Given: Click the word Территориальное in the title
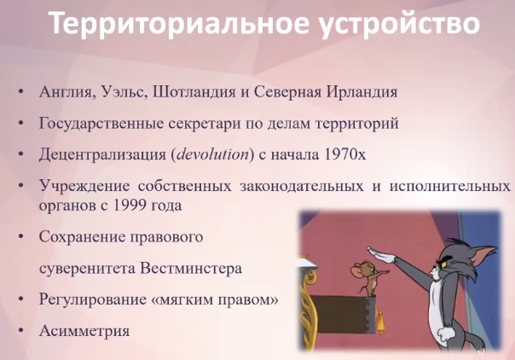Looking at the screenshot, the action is [180, 23].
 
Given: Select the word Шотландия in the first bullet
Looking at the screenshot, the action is [194, 92].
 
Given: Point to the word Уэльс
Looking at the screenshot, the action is [123, 92].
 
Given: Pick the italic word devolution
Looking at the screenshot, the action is [213, 154].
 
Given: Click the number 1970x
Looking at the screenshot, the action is [344, 154].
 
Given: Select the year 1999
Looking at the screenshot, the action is [130, 206].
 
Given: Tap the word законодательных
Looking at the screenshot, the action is [302, 186].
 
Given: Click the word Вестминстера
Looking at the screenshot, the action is [191, 269].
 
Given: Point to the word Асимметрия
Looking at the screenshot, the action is [84, 331].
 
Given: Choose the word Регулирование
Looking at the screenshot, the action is [93, 300].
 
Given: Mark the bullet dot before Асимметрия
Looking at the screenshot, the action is [21, 330].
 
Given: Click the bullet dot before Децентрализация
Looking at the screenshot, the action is [21, 154].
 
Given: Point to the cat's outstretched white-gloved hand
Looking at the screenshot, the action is [382, 254].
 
